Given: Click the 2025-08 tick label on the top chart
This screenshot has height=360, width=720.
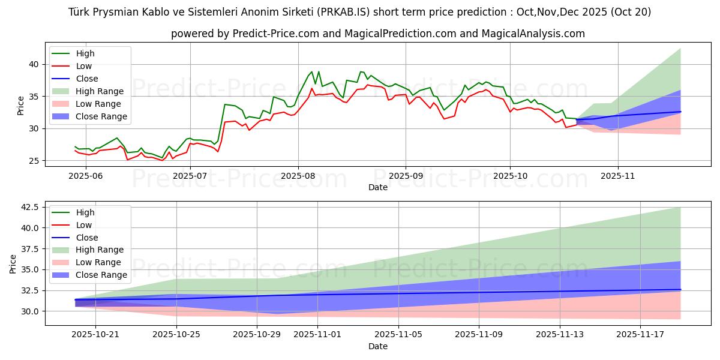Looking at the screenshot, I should tap(298, 176).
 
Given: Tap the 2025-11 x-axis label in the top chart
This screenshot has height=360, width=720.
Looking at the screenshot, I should tap(617, 176).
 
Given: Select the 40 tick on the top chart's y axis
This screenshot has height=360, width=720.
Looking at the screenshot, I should tap(35, 64).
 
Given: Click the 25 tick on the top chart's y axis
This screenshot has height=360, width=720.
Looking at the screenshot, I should tap(35, 161).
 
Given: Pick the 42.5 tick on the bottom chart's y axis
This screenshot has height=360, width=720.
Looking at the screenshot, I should tap(30, 207).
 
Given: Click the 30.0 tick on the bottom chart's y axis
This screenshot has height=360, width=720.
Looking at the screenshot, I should tap(30, 311).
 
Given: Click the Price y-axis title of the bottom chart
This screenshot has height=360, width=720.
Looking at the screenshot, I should tap(13, 263).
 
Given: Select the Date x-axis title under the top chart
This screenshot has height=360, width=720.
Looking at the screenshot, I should tap(378, 187).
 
